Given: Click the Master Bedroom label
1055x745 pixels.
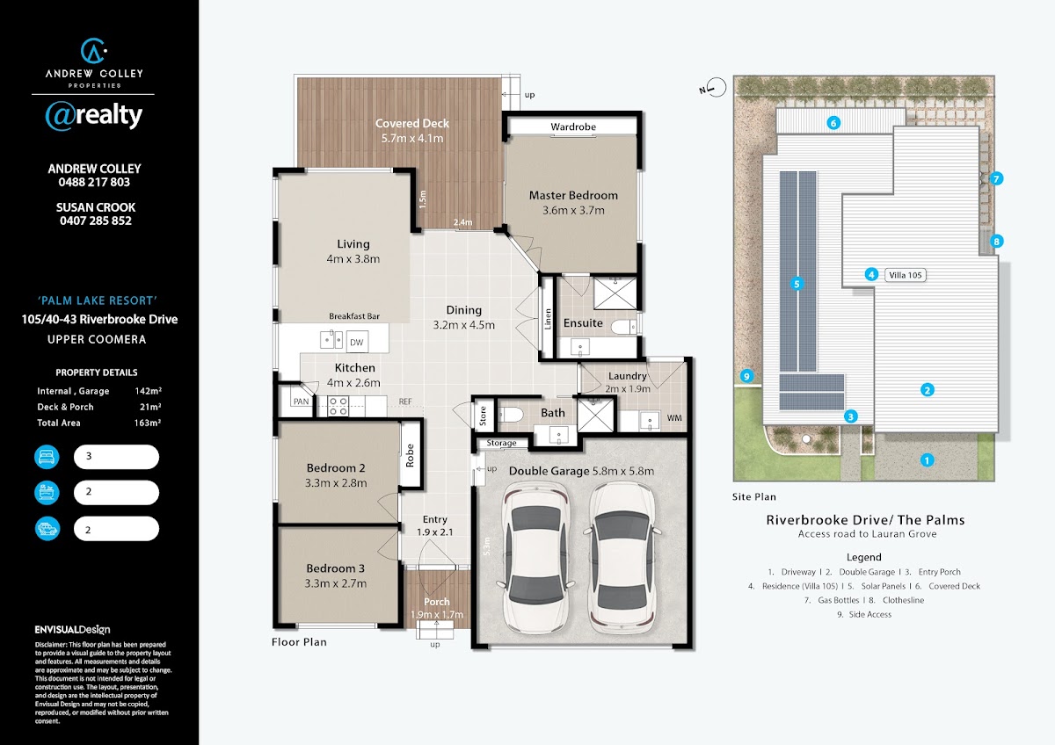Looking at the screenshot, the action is (x=573, y=195).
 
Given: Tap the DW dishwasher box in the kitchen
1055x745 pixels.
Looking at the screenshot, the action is (x=357, y=342).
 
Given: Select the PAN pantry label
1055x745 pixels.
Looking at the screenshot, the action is (x=301, y=401).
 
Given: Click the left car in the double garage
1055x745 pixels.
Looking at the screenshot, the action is (x=535, y=558).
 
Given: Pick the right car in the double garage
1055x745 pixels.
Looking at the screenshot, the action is (x=622, y=558).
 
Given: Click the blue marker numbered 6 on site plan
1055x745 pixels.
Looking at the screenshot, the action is (x=833, y=123).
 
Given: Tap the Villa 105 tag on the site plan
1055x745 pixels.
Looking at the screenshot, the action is (x=906, y=275).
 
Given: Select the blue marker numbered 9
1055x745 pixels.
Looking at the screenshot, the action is (x=746, y=376).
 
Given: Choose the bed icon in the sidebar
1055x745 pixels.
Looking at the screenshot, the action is (x=47, y=457).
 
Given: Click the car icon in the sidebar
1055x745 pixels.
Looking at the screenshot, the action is (x=47, y=529).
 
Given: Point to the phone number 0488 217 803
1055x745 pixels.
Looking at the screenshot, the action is (x=94, y=182).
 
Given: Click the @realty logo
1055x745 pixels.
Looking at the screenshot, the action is (x=94, y=116).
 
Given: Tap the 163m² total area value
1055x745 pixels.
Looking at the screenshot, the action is (x=148, y=423).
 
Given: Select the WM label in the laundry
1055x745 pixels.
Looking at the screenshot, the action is (x=674, y=418).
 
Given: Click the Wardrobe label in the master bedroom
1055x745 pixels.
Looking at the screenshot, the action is (x=573, y=127).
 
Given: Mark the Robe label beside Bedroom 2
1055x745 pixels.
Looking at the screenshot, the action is (x=410, y=455).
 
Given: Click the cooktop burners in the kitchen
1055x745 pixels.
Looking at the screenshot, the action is (x=338, y=406).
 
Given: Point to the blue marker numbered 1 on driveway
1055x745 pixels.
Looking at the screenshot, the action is (x=927, y=460).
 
